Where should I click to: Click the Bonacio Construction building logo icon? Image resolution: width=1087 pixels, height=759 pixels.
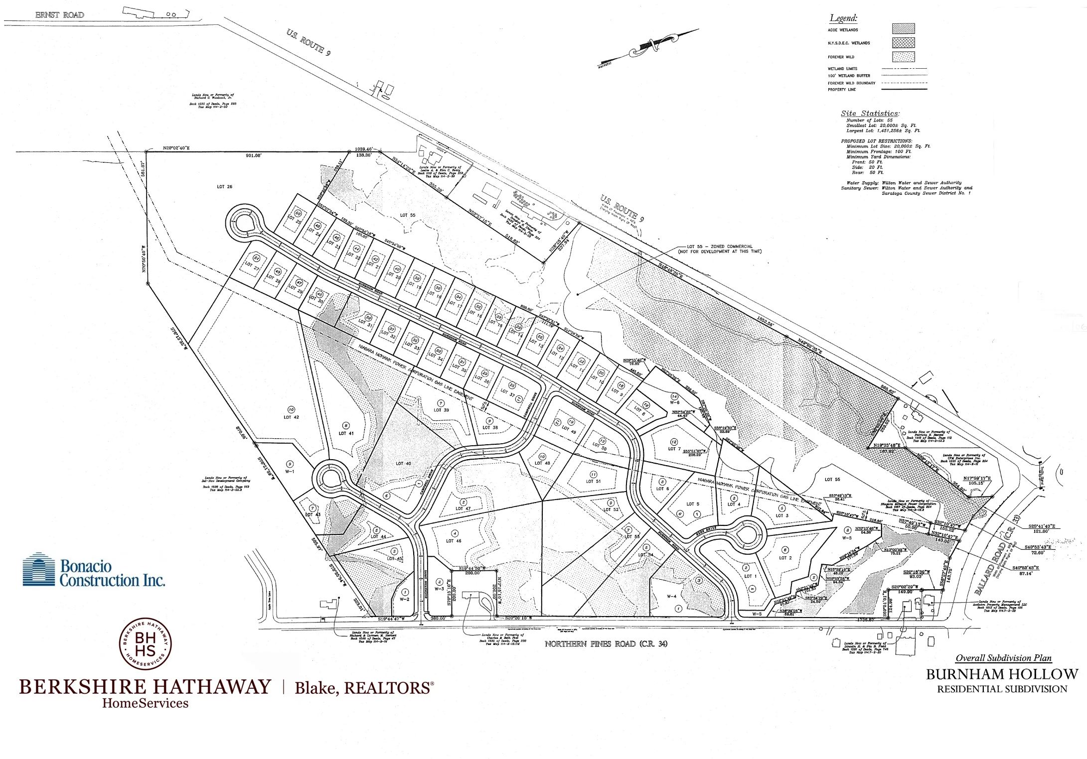39,569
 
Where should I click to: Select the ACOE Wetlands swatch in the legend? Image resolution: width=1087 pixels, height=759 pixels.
903,29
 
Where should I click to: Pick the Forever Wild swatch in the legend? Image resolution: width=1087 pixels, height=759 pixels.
903,57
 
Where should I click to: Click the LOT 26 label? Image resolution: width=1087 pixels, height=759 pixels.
225,187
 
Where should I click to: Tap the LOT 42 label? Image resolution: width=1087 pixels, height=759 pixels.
291,417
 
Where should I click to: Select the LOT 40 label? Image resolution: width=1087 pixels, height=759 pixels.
403,464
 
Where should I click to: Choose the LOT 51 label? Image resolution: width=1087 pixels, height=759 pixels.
593,481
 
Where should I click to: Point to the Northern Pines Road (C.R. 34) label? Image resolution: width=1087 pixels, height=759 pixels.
606,643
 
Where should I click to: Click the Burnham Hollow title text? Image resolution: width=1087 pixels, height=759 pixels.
1002,674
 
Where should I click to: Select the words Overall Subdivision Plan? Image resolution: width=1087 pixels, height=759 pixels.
1003,658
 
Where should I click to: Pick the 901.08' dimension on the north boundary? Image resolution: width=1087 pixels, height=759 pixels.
253,155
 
